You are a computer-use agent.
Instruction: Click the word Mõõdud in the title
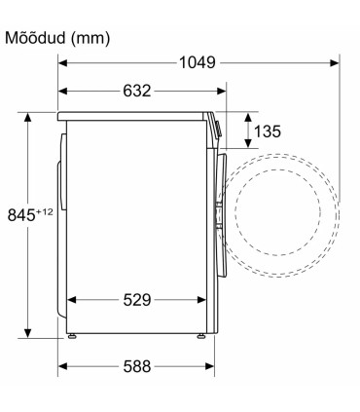point(36,38)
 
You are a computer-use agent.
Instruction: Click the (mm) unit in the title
point(90,39)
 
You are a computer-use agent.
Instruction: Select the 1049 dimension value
point(198,62)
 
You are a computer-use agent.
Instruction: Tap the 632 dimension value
point(137,91)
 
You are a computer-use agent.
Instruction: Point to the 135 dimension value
point(268,131)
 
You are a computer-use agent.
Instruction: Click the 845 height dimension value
point(21,215)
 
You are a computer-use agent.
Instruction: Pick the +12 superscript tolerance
point(45,212)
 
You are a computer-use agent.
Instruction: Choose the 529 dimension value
point(137,300)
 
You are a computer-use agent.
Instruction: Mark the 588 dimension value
point(137,366)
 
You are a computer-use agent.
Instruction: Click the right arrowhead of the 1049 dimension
point(335,63)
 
